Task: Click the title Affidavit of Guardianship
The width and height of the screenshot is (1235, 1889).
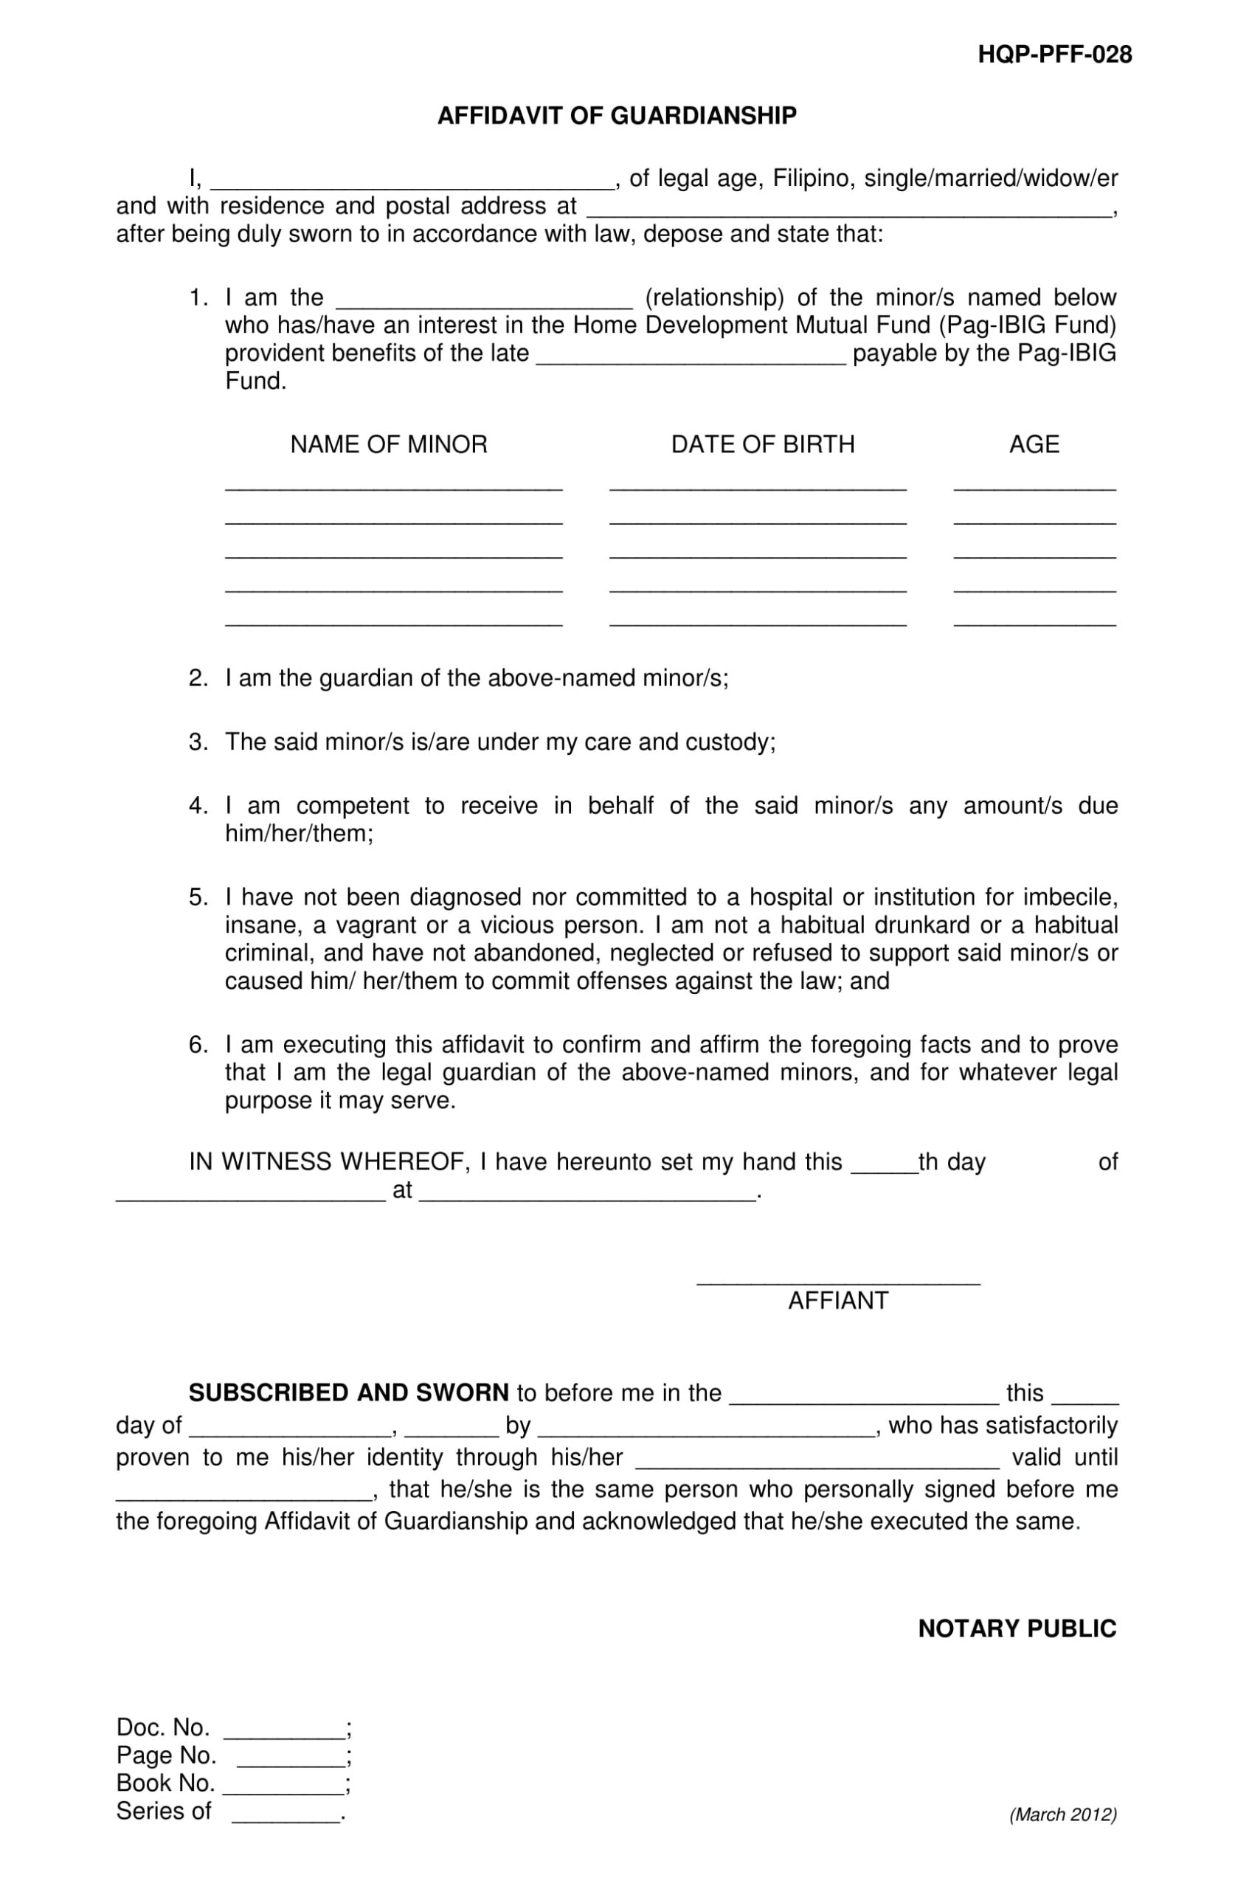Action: click(617, 116)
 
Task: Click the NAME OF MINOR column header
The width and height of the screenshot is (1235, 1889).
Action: click(388, 443)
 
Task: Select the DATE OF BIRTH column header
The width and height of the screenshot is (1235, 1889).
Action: click(762, 443)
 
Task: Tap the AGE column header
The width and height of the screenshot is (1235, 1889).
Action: click(1034, 443)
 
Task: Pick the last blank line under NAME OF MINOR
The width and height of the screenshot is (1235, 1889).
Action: click(394, 623)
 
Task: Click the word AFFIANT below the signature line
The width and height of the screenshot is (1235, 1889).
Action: click(837, 1300)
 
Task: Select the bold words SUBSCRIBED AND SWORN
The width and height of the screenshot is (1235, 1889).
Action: click(348, 1392)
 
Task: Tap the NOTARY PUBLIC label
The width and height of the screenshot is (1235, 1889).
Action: click(1017, 1629)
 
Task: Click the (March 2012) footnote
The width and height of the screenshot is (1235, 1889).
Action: click(1063, 1814)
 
